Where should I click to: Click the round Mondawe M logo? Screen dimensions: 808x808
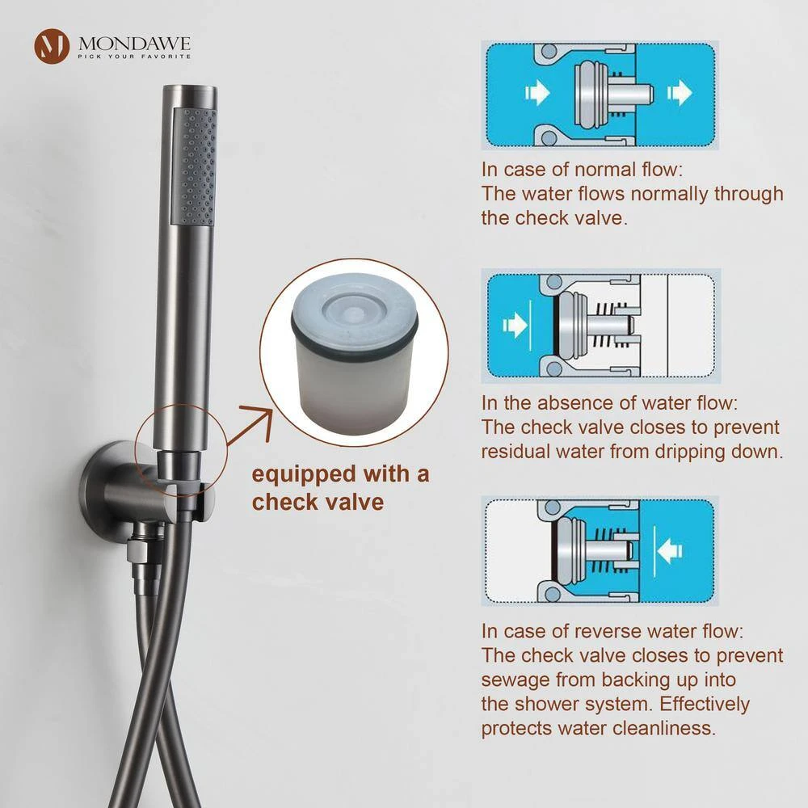[x=52, y=46]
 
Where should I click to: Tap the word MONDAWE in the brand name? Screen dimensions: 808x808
[x=134, y=44]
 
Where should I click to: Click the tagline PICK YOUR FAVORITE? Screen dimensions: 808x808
[x=134, y=57]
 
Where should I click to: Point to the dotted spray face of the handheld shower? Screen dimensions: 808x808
[x=194, y=166]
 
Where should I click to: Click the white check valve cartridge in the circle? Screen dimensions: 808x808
[x=355, y=354]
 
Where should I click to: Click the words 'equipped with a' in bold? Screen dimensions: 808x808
[x=340, y=474]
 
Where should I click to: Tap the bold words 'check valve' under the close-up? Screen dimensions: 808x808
[x=318, y=502]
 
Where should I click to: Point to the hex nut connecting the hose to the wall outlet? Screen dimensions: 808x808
[x=138, y=555]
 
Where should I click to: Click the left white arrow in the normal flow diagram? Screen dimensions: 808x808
[x=537, y=93]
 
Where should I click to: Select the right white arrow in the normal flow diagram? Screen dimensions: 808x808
[x=680, y=93]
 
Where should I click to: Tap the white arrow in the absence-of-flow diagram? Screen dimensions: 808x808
[x=515, y=325]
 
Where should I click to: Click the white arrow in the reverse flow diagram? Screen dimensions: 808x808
[x=670, y=550]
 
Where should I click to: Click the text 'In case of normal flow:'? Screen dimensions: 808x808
[x=582, y=170]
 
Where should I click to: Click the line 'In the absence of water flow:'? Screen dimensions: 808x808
[x=609, y=403]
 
